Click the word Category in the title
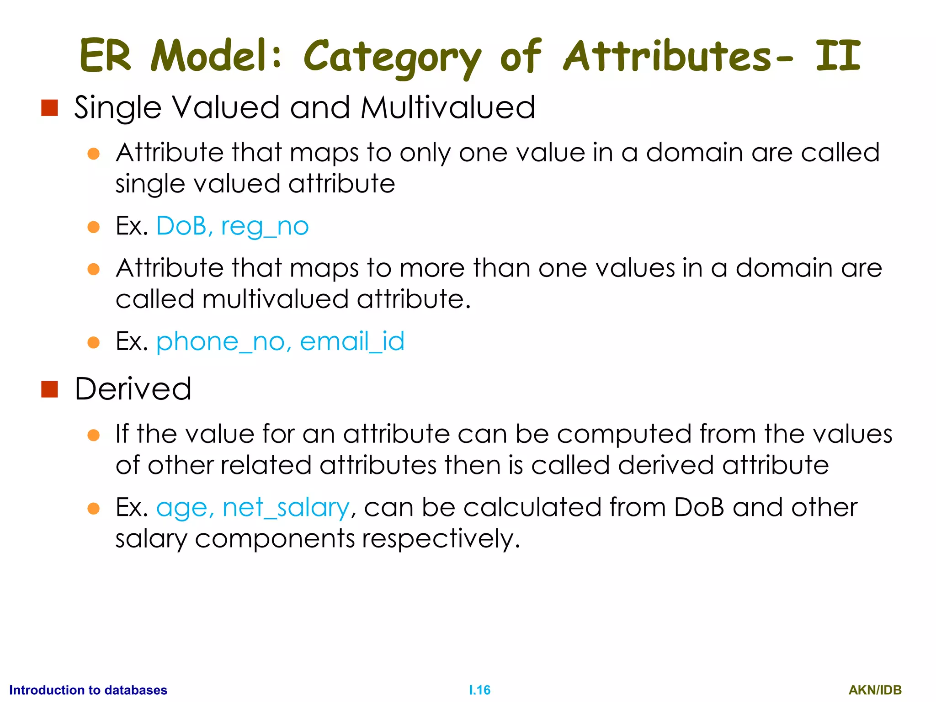(392, 57)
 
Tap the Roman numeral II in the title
(838, 56)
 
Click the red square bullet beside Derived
(49, 389)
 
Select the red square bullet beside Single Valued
(49, 108)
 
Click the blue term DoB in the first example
(181, 226)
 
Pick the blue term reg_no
(265, 227)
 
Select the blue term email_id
(352, 341)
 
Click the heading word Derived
(133, 389)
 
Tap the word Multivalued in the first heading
(447, 108)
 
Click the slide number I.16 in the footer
(479, 690)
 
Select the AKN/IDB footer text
(875, 690)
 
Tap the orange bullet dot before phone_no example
(94, 342)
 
